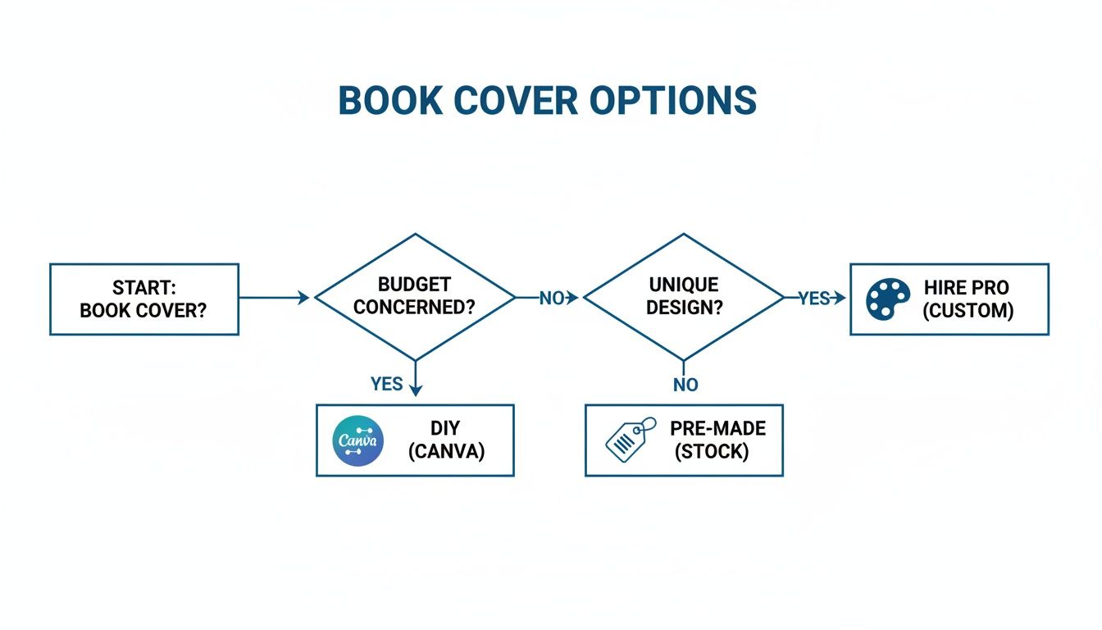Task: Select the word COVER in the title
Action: [513, 101]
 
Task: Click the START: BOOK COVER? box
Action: [143, 299]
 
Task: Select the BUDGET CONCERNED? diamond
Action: [415, 297]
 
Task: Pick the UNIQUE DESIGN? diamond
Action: [683, 297]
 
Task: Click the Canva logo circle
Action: [358, 441]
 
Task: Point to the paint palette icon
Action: [888, 299]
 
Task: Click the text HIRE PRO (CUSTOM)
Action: [968, 299]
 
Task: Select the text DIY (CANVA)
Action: [445, 440]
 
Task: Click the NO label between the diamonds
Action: [552, 299]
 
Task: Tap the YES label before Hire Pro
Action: [813, 299]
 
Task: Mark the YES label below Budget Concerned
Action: [386, 384]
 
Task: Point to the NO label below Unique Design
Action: [685, 385]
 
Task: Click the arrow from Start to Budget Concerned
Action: [274, 298]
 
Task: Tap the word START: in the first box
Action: [143, 289]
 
